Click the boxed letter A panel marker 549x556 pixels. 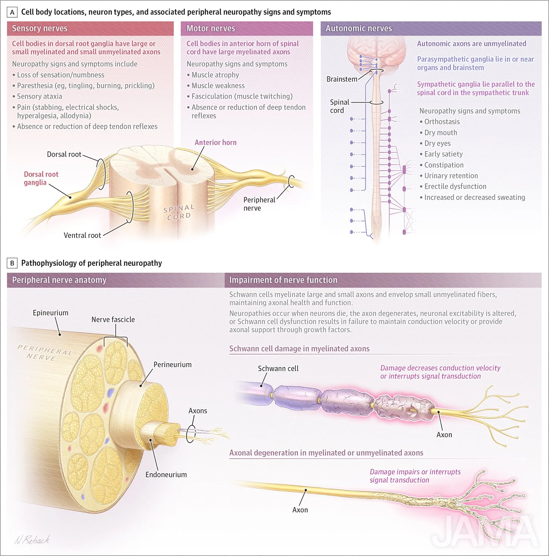pyautogui.click(x=12, y=12)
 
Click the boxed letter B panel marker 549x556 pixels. pyautogui.click(x=12, y=263)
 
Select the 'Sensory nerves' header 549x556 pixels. pyautogui.click(x=40, y=29)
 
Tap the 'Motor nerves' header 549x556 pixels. pyautogui.click(x=210, y=29)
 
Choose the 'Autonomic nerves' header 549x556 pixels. pyautogui.click(x=358, y=29)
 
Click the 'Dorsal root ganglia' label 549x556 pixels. pyautogui.click(x=41, y=178)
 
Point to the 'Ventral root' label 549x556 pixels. pyautogui.click(x=82, y=235)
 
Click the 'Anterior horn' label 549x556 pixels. pyautogui.click(x=215, y=142)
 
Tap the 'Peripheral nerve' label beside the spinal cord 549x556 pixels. pyautogui.click(x=259, y=204)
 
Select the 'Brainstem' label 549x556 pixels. pyautogui.click(x=341, y=79)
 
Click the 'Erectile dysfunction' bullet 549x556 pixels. pyautogui.click(x=455, y=186)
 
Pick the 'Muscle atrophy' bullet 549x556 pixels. pyautogui.click(x=215, y=75)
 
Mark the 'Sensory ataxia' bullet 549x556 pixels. pyautogui.click(x=39, y=96)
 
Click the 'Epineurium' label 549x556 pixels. pyautogui.click(x=51, y=313)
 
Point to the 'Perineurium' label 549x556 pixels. pyautogui.click(x=172, y=365)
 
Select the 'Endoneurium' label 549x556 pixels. pyautogui.click(x=166, y=475)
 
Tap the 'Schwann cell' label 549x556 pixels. pyautogui.click(x=278, y=369)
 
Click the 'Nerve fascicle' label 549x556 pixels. pyautogui.click(x=113, y=320)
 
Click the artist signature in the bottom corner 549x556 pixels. pyautogui.click(x=32, y=540)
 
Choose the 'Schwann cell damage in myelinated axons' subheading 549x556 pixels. pyautogui.click(x=299, y=349)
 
